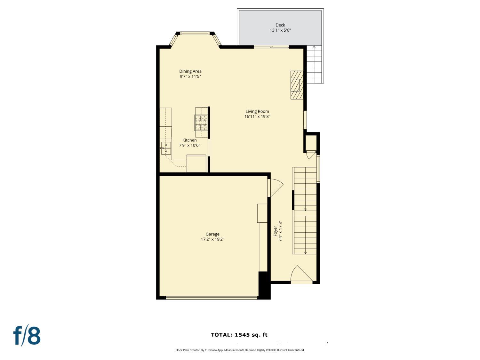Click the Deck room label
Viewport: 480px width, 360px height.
tap(280, 25)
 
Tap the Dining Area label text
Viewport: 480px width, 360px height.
tap(190, 71)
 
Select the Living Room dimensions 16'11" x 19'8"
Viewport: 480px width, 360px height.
tap(257, 116)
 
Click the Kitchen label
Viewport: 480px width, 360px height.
tap(189, 140)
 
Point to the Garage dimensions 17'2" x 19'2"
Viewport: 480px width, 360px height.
tap(212, 239)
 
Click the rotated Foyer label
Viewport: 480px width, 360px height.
tap(275, 231)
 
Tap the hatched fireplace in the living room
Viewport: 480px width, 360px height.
tap(297, 85)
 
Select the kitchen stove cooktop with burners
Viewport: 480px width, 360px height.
tap(201, 123)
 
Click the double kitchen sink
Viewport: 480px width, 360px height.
tap(166, 148)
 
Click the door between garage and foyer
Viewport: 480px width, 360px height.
tap(276, 188)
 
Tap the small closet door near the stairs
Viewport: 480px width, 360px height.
tap(311, 155)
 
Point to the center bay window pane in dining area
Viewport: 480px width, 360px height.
tap(195, 33)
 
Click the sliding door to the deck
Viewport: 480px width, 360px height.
tap(271, 47)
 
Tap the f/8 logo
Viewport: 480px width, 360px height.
tap(27, 336)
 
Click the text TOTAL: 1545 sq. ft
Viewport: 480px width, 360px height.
tap(239, 335)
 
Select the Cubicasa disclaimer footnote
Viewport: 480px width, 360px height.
tap(240, 350)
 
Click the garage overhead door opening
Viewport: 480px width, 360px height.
tap(212, 298)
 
